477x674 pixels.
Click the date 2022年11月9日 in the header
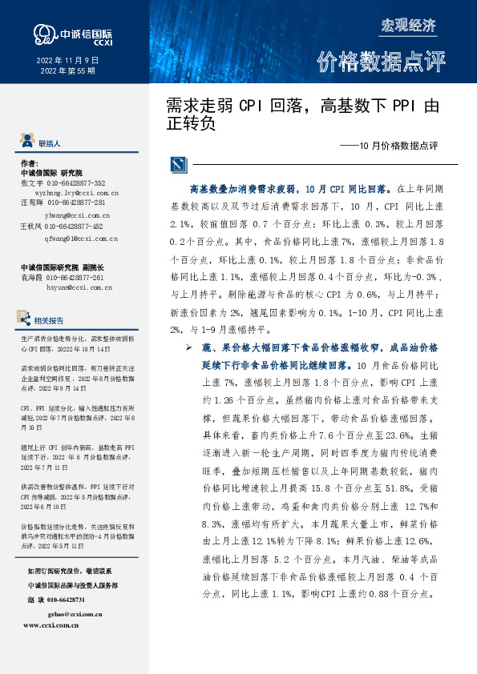pyautogui.click(x=67, y=60)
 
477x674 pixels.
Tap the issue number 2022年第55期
pyautogui.click(x=67, y=71)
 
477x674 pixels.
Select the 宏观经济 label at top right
pyautogui.click(x=408, y=25)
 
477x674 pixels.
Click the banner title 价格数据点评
pyautogui.click(x=380, y=62)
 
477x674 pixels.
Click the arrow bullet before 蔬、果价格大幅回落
pyautogui.click(x=189, y=349)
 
